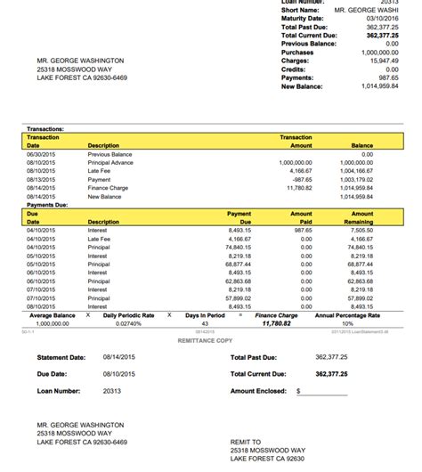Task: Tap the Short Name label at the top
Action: pos(300,9)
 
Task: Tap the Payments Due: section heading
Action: pos(48,205)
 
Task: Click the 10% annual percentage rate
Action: pos(347,323)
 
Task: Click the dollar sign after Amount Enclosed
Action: pos(298,390)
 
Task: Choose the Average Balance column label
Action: pos(53,315)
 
